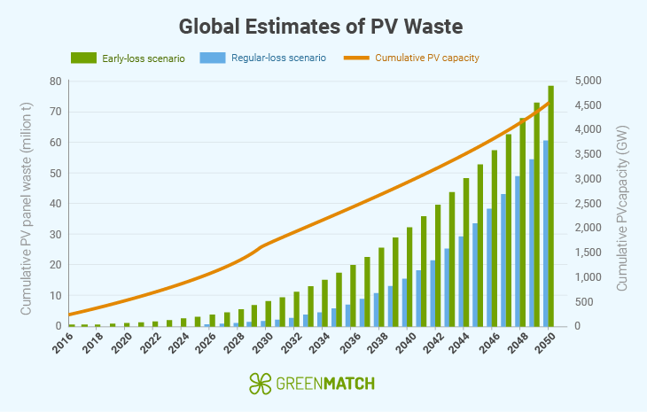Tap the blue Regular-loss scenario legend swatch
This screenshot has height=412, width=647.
click(x=212, y=58)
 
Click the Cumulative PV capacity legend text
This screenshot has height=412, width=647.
click(x=426, y=58)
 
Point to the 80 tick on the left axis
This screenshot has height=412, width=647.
click(x=55, y=82)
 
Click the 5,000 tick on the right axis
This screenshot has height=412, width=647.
click(x=591, y=82)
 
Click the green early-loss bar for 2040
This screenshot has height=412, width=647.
click(x=409, y=276)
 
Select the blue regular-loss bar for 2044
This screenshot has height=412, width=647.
click(x=460, y=281)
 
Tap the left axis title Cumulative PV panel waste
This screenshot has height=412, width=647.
click(x=27, y=208)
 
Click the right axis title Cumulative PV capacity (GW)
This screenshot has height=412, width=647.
click(x=623, y=208)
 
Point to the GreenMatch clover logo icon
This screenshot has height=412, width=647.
click(x=260, y=384)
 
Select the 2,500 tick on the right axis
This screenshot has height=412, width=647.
click(x=591, y=204)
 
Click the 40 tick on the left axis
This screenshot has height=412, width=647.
click(x=55, y=204)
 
